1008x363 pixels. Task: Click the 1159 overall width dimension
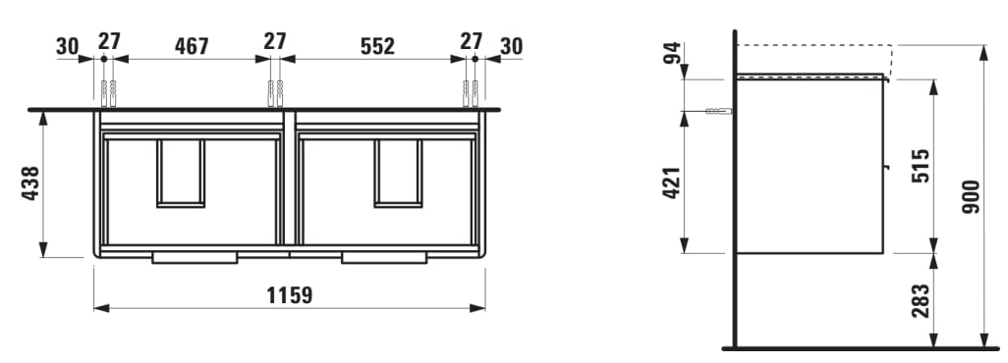(289, 295)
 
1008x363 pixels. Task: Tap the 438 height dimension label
(30, 183)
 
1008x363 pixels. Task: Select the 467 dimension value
(192, 46)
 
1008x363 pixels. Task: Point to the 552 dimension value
(377, 46)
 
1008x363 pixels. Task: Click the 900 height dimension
(971, 196)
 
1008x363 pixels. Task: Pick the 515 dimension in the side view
(921, 166)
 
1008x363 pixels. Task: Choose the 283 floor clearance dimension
(921, 300)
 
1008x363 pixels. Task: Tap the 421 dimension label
(671, 182)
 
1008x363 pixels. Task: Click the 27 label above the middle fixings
(274, 41)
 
